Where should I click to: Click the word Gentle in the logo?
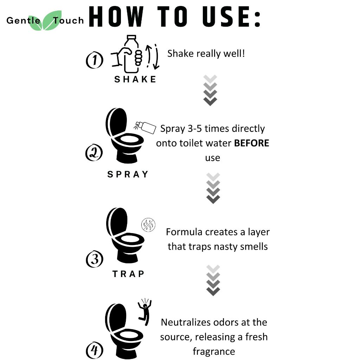(24, 20)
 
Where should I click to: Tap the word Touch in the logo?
(69, 20)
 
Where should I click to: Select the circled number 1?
(94, 60)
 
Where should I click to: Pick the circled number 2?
(94, 153)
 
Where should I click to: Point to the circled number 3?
(95, 259)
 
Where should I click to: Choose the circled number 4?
(94, 350)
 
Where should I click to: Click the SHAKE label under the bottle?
(135, 79)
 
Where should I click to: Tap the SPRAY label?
(128, 174)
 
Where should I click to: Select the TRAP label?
(128, 274)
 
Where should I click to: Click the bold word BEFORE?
(251, 143)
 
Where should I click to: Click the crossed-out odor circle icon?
(148, 225)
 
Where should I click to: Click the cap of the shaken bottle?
(131, 37)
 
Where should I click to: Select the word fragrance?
(214, 352)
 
